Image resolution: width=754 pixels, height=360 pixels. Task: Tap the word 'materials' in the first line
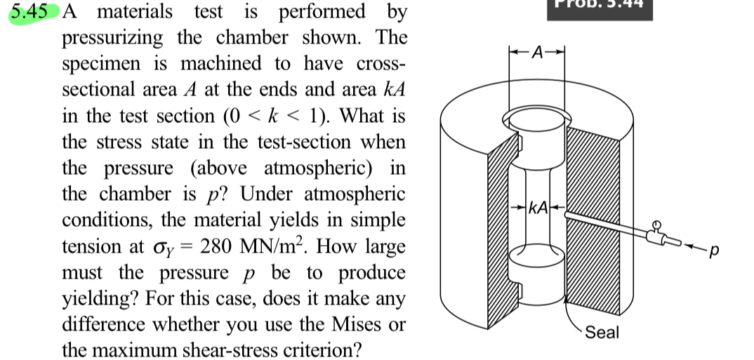click(134, 13)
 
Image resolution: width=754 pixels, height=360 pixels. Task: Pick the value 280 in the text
click(220, 246)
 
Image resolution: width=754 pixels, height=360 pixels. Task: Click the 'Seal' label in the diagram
click(602, 332)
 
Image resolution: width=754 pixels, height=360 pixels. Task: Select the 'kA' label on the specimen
click(538, 208)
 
